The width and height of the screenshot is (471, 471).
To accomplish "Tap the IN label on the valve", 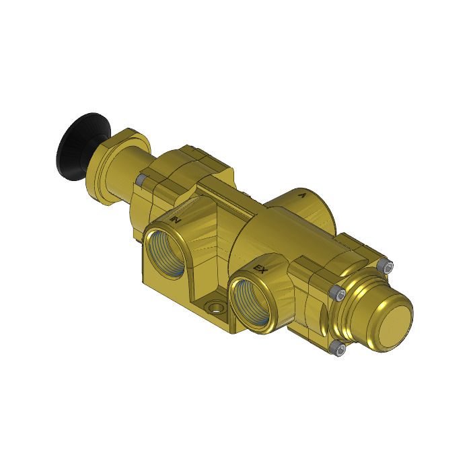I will click(x=176, y=219).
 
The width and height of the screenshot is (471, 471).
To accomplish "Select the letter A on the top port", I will click(x=303, y=196).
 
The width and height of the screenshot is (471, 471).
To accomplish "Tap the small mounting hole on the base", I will click(x=217, y=309).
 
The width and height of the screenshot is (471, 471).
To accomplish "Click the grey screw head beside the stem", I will click(x=141, y=181).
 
